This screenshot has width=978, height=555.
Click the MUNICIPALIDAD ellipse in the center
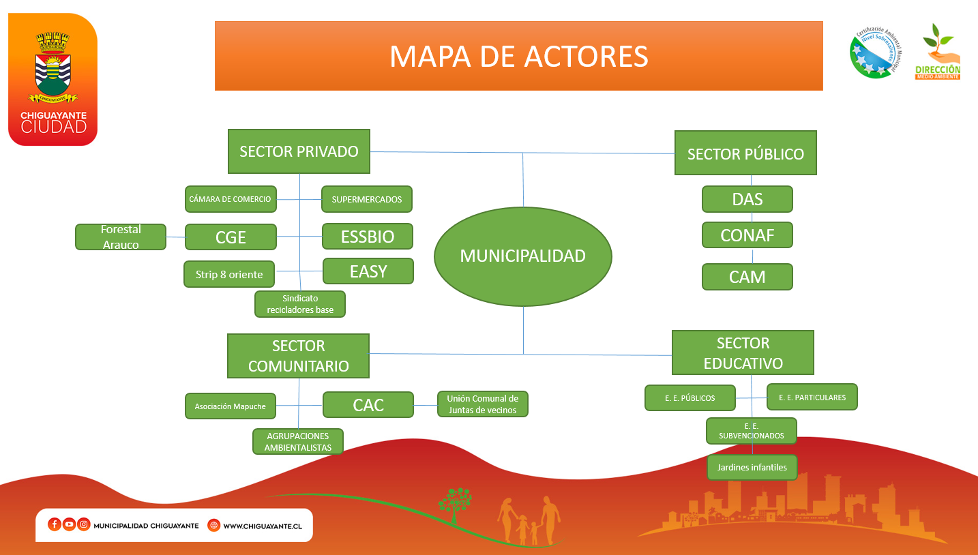[523, 256]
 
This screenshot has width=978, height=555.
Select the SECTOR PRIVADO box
[299, 151]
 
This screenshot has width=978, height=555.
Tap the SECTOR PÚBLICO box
[745, 153]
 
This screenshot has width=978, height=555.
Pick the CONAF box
[747, 235]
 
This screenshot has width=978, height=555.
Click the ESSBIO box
[368, 237]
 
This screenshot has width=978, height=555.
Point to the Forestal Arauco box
[121, 237]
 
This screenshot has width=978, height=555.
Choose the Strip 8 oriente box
[229, 275]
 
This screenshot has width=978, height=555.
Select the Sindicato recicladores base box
[300, 304]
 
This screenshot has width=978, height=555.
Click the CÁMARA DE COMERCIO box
[231, 199]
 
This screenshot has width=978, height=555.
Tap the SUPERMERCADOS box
[367, 199]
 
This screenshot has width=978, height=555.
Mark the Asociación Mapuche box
[231, 406]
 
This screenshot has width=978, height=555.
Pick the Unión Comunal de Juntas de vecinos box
[483, 404]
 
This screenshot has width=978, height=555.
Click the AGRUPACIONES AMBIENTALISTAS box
[298, 442]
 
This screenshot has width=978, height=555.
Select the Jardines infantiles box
[752, 467]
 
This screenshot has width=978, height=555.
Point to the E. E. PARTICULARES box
[812, 397]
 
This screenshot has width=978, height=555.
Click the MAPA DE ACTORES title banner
[519, 56]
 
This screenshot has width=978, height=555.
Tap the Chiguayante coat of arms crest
[53, 67]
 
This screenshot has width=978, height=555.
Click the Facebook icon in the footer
[54, 524]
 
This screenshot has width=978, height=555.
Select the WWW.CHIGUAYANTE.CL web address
[263, 526]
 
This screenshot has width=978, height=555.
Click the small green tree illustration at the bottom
[455, 505]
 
